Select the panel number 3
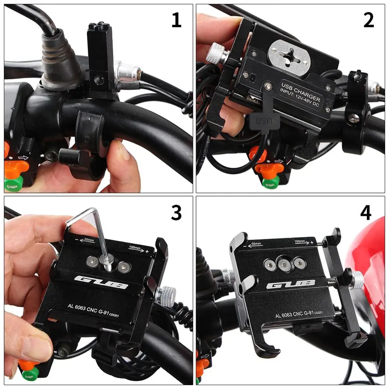coord(176,213)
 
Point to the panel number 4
coord(365,213)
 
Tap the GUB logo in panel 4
coord(291,286)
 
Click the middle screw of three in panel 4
coord(285,265)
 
